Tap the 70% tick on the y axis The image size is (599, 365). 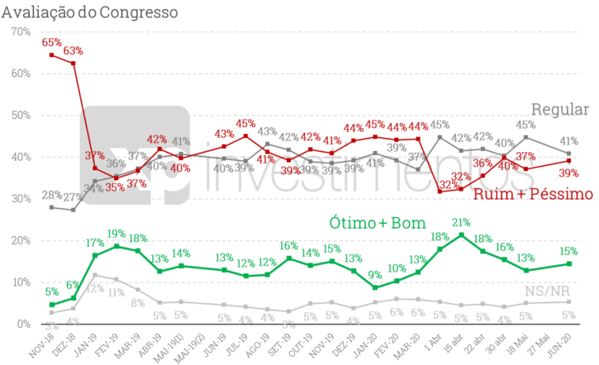click(x=20, y=32)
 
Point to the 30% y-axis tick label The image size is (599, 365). click(x=20, y=199)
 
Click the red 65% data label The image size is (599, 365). click(x=51, y=42)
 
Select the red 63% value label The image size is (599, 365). click(x=73, y=50)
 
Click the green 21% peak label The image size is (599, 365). click(x=462, y=222)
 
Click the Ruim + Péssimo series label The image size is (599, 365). click(x=532, y=194)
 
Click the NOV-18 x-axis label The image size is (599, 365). click(x=42, y=345)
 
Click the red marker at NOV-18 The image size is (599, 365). click(x=51, y=55)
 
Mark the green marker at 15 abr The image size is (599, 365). click(x=462, y=235)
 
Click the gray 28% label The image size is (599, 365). click(x=51, y=195)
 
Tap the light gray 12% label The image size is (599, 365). click(x=94, y=288)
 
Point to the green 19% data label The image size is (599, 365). click(x=116, y=233)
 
